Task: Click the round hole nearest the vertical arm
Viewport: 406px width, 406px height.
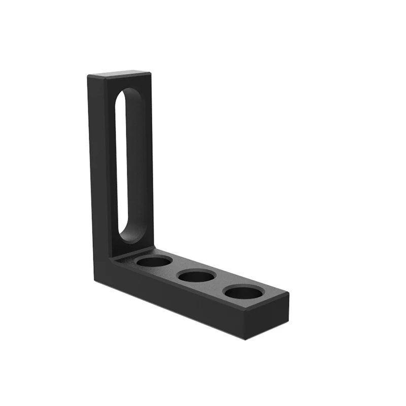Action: click(154, 262)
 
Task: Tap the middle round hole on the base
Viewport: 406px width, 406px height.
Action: click(197, 277)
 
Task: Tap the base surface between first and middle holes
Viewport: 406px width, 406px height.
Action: click(175, 269)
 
